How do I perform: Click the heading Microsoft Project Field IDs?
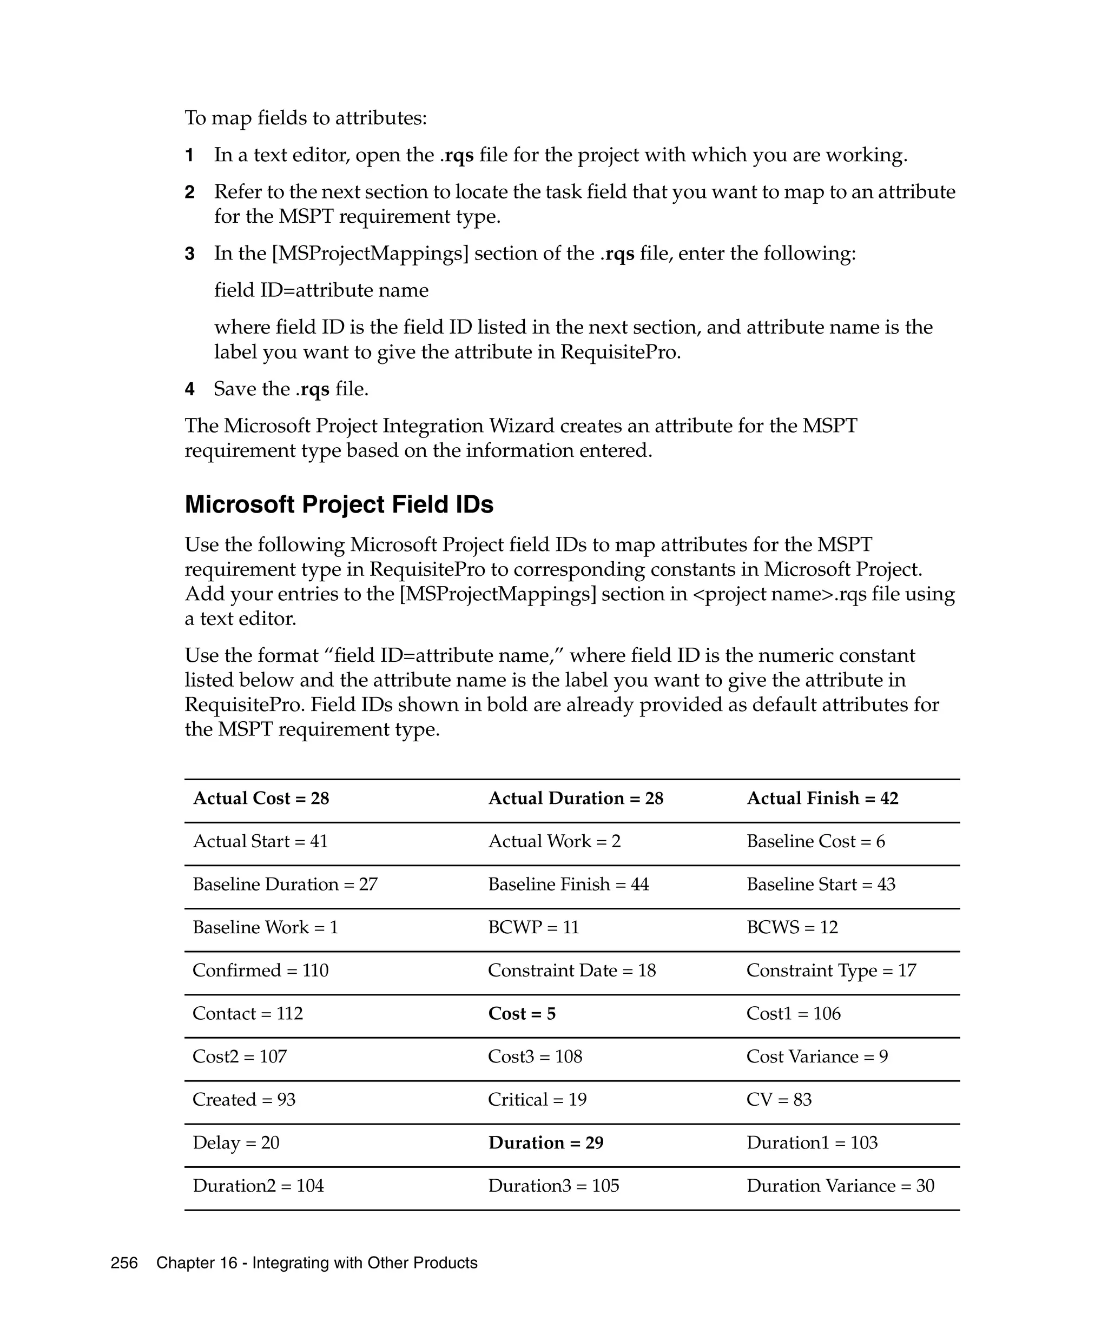click(339, 504)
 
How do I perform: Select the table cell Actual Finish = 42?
click(822, 798)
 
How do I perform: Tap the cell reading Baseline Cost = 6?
click(815, 841)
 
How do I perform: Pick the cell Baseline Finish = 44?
click(568, 884)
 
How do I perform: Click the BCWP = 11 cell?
click(533, 927)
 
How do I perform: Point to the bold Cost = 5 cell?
click(522, 1013)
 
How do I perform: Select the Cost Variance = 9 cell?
click(817, 1056)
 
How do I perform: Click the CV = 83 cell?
click(779, 1099)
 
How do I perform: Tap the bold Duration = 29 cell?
click(545, 1142)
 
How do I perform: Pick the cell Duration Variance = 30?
click(840, 1185)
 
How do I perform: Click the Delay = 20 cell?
click(235, 1142)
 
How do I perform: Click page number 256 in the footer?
click(124, 1263)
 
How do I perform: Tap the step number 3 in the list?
click(189, 254)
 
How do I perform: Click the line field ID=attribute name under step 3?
click(321, 290)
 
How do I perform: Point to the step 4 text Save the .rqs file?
click(291, 389)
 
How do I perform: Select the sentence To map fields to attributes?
click(306, 118)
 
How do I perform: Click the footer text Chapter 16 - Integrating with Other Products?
click(316, 1263)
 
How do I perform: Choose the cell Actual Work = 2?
click(554, 841)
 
